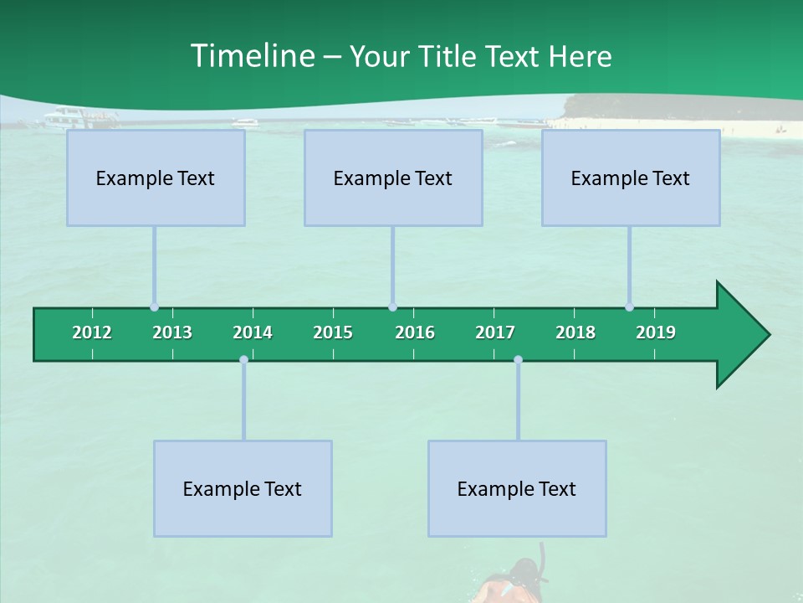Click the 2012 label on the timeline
click(92, 332)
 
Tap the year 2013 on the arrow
click(172, 332)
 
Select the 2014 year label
click(253, 332)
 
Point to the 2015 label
click(333, 332)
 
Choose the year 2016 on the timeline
click(415, 332)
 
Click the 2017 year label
click(495, 332)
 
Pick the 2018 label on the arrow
click(575, 332)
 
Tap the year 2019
click(656, 332)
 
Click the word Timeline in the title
click(252, 56)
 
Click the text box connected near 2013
click(156, 178)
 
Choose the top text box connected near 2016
click(393, 178)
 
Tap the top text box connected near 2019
click(631, 178)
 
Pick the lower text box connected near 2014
click(243, 488)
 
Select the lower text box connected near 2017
click(517, 488)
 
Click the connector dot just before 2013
click(154, 307)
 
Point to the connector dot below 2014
click(243, 360)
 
